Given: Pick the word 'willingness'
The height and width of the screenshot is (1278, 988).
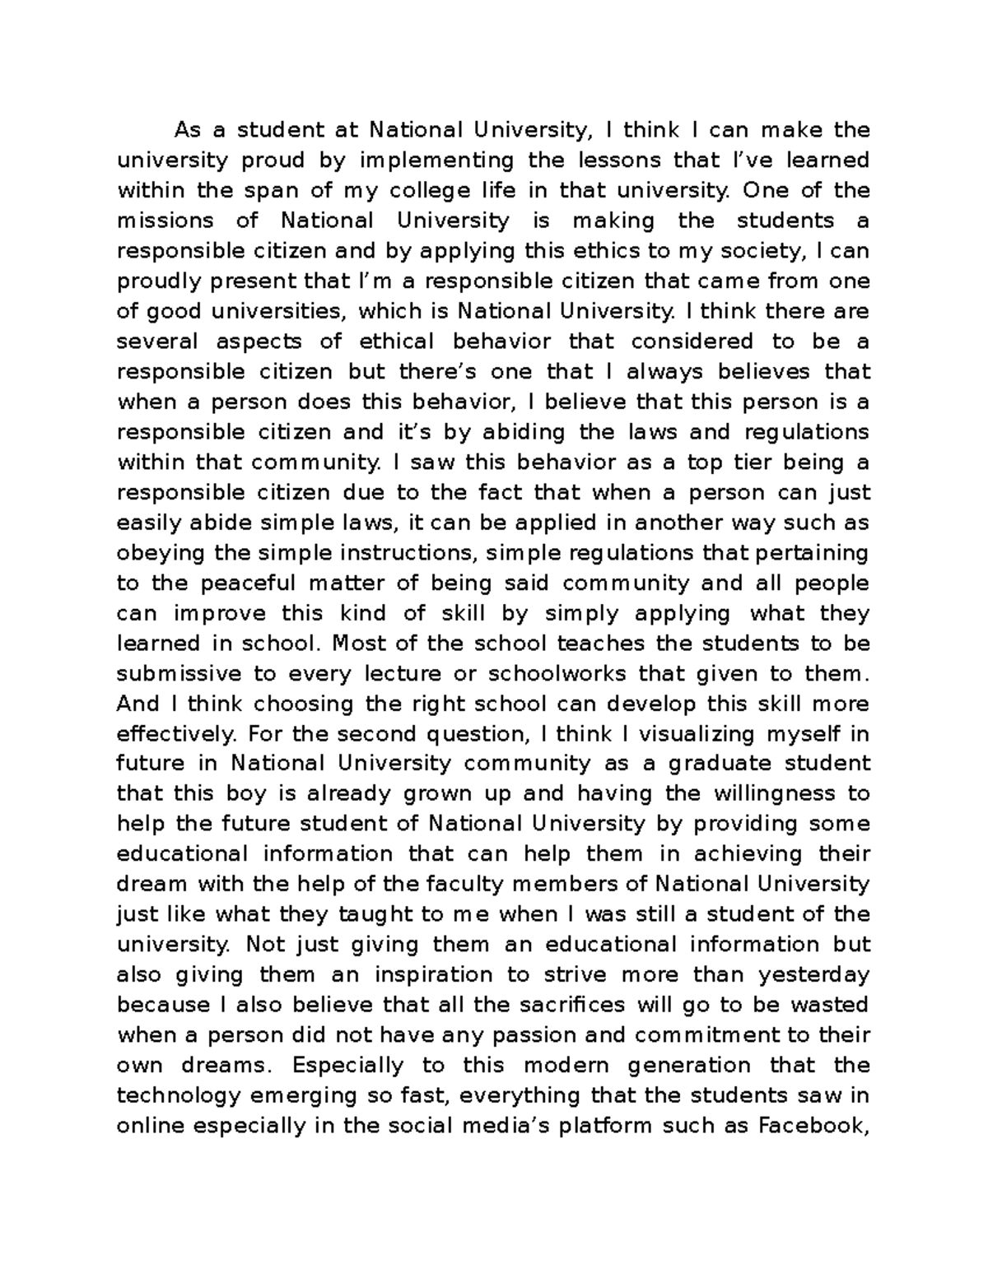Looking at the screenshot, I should [x=748, y=794].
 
